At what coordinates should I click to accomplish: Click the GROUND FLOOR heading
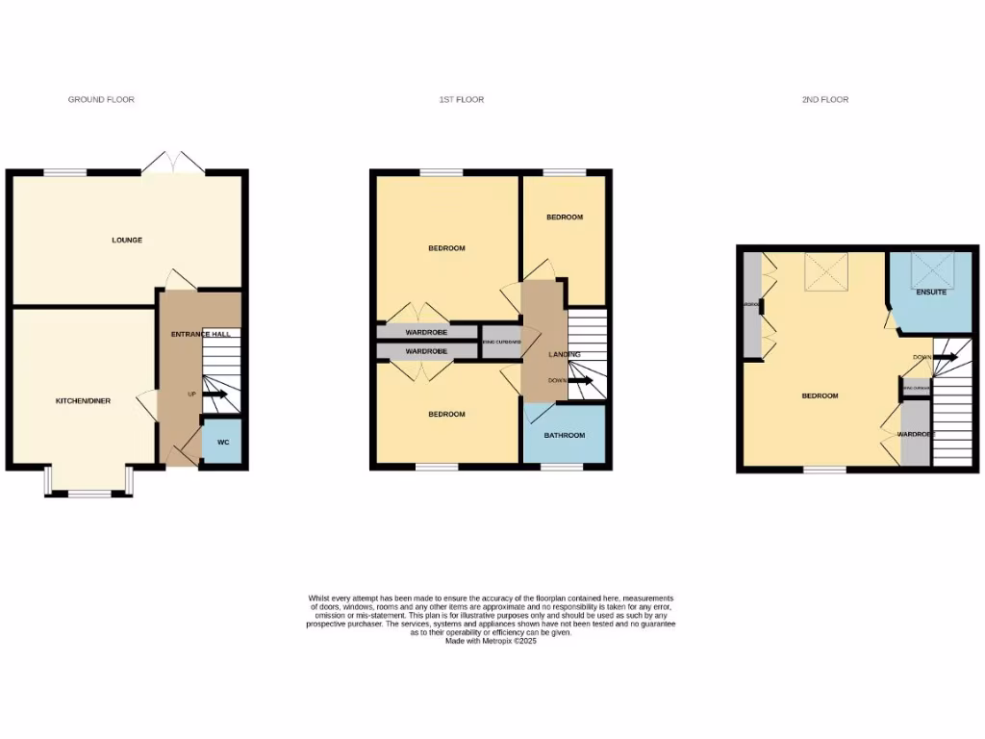101,99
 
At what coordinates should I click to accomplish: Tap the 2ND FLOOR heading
825,99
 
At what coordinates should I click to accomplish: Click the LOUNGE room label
126,240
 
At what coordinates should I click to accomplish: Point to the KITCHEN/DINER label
83,400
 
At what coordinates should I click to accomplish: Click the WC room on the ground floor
223,442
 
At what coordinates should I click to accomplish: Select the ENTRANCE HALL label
200,334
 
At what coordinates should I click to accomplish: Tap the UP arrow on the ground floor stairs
214,395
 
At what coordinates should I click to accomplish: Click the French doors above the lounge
173,164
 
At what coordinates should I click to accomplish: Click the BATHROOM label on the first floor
565,435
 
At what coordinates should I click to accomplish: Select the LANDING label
564,355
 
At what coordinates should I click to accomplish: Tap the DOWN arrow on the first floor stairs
580,380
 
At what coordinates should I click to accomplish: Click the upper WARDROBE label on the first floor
425,332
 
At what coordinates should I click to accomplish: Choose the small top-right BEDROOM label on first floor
565,217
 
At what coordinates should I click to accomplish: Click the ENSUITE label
930,292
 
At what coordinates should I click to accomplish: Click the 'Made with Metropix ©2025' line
491,641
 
